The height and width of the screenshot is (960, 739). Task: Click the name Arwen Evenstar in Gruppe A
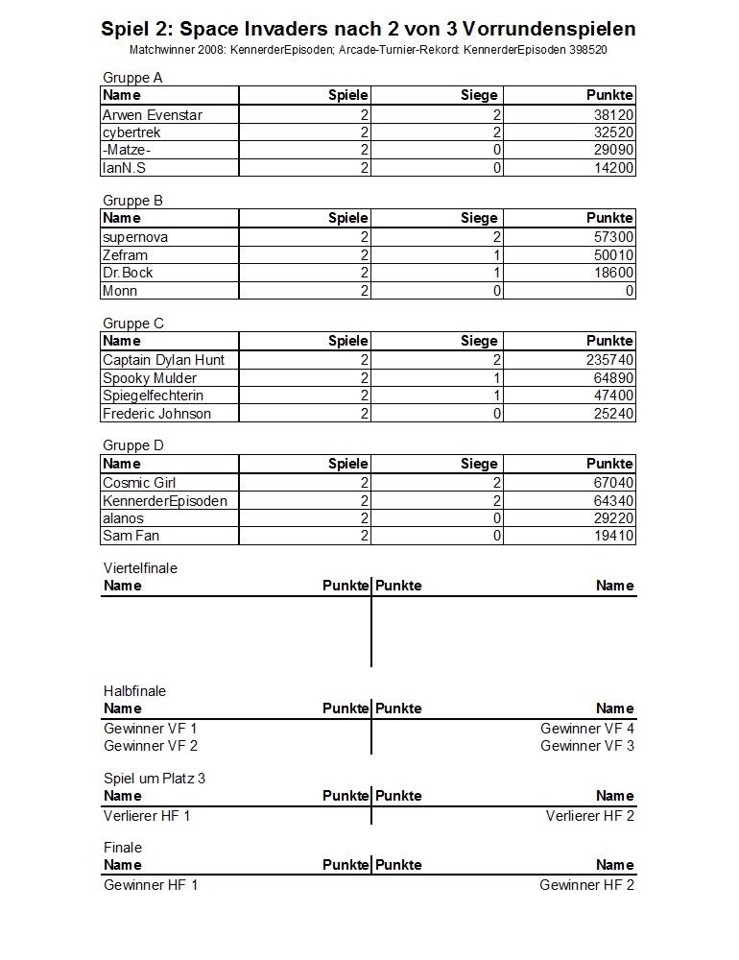pyautogui.click(x=153, y=115)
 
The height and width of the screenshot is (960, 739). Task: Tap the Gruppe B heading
pyautogui.click(x=132, y=201)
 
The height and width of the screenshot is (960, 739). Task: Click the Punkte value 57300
pyautogui.click(x=613, y=237)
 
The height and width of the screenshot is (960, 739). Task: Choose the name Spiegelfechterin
pyautogui.click(x=153, y=396)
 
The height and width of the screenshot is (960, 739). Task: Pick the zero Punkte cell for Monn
pyautogui.click(x=629, y=291)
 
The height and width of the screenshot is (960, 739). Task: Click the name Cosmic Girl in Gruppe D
pyautogui.click(x=139, y=483)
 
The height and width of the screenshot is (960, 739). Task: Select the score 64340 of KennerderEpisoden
pyautogui.click(x=613, y=501)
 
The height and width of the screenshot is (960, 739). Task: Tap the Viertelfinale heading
pyautogui.click(x=140, y=568)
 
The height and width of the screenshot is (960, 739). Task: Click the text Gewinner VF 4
pyautogui.click(x=587, y=729)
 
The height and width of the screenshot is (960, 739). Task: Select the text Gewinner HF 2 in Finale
pyautogui.click(x=586, y=885)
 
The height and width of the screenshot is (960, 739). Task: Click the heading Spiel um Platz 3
pyautogui.click(x=155, y=779)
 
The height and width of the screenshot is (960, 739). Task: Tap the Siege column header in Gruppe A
pyautogui.click(x=479, y=95)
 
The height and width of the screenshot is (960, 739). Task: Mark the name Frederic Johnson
pyautogui.click(x=156, y=414)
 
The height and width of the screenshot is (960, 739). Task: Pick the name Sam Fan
pyautogui.click(x=131, y=536)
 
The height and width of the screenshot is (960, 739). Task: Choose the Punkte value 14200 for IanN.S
pyautogui.click(x=613, y=168)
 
